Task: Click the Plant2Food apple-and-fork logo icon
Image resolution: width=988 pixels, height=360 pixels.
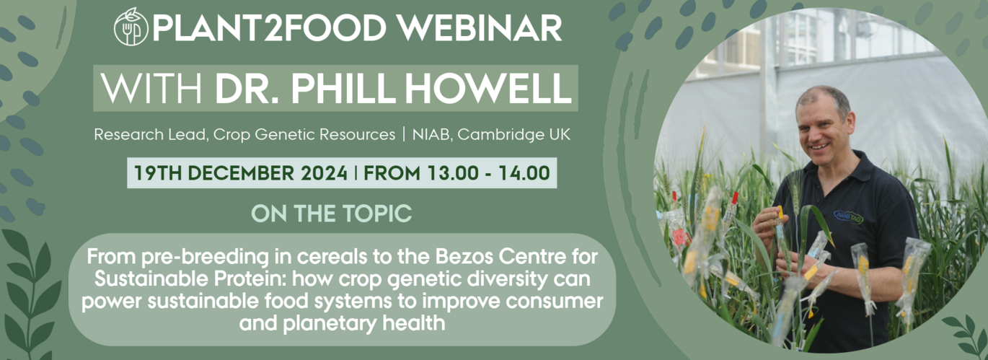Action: point(131,27)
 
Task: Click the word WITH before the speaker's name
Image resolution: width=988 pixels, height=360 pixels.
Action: point(151,89)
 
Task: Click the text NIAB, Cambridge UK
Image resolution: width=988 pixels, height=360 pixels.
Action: point(491,135)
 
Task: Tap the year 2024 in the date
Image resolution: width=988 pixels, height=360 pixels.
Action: point(325,173)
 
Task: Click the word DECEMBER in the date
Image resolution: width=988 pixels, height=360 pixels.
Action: point(241,173)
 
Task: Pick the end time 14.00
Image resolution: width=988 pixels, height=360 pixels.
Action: point(524,173)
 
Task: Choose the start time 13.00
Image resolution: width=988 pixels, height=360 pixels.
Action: point(453,173)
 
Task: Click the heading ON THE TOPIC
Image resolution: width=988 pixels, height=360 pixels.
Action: point(331,214)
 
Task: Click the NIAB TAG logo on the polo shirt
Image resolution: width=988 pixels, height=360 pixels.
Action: point(848,216)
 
